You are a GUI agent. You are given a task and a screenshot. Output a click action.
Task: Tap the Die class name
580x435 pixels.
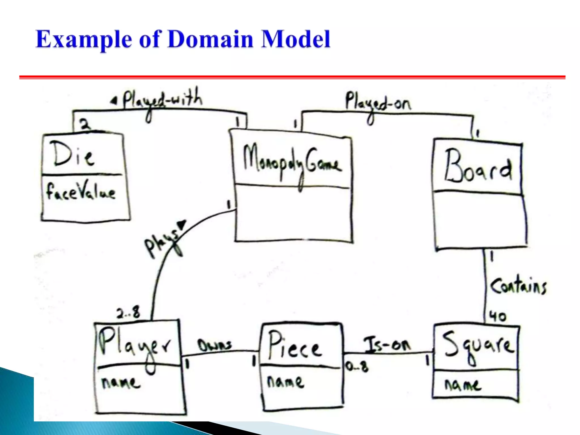pos(73,154)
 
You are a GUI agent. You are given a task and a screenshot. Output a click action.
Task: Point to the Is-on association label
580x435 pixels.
pos(387,344)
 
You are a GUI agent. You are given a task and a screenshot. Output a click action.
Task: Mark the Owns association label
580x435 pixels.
pos(215,345)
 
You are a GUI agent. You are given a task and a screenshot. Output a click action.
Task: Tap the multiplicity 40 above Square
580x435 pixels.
pos(498,316)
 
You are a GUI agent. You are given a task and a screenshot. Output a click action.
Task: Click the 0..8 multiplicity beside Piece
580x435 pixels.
pos(357,366)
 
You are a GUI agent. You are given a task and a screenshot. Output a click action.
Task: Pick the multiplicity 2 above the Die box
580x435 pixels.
pos(85,124)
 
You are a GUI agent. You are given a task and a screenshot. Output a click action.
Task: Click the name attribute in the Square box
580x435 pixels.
pos(462,385)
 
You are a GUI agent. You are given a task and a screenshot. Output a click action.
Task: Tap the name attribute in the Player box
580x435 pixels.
pos(121,383)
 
